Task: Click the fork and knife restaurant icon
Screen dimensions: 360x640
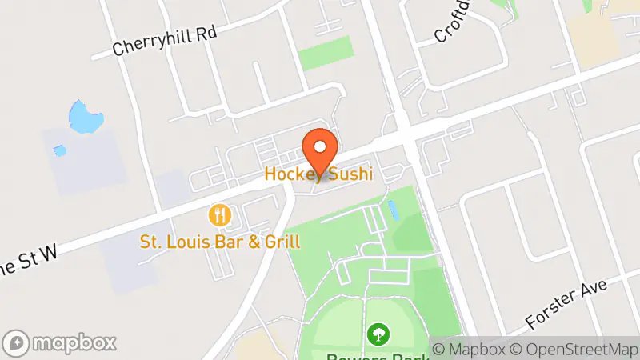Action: coord(220,215)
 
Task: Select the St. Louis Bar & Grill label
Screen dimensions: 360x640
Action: coord(220,241)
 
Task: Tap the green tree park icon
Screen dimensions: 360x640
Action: coord(375,332)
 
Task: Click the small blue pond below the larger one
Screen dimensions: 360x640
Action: coord(59,150)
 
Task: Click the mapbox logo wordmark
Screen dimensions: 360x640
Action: coord(76,343)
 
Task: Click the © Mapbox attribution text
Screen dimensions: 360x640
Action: coord(471,350)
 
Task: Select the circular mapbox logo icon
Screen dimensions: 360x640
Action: coord(17,343)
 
